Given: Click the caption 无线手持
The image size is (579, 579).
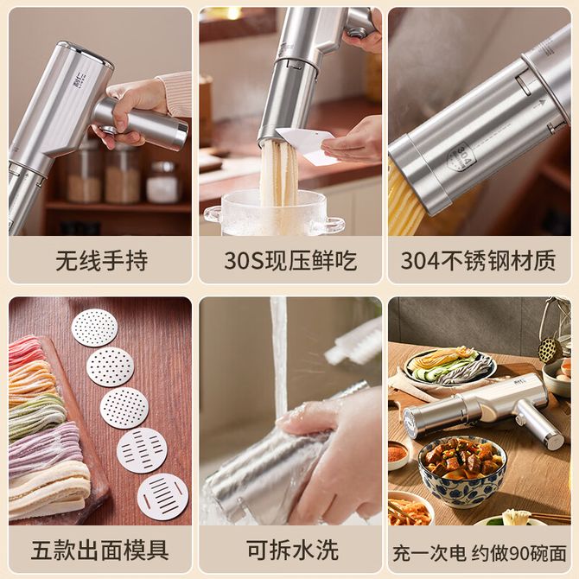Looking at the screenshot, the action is click(x=102, y=261).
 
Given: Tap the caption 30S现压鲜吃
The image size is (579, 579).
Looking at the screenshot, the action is click(x=290, y=261).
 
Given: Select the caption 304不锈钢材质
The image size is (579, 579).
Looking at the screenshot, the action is click(x=479, y=261).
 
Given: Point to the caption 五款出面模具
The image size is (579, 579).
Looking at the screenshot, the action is click(x=100, y=550).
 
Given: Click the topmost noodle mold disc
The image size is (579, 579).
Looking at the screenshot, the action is click(x=94, y=328).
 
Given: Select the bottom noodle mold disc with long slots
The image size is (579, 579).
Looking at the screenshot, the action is click(x=162, y=497).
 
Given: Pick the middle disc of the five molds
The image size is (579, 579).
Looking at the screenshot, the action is click(x=124, y=408).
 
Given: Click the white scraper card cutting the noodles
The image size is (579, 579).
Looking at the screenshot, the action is click(x=306, y=145).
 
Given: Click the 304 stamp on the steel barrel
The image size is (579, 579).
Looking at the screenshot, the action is click(x=461, y=158).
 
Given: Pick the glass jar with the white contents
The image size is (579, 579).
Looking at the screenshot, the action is click(x=162, y=182).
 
